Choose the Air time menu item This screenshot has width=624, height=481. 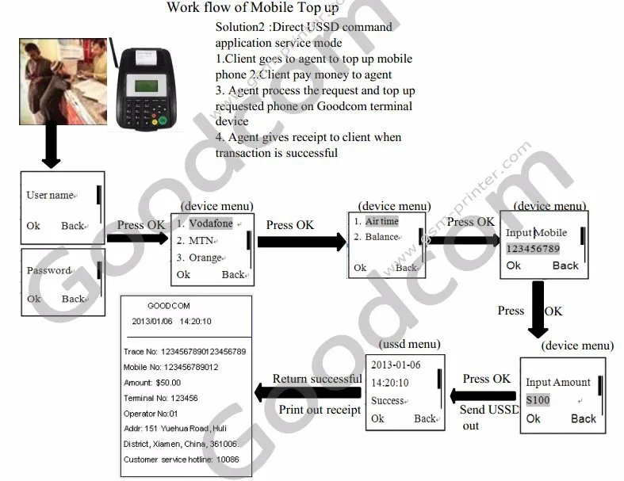[381, 222]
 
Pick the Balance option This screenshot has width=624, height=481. [381, 237]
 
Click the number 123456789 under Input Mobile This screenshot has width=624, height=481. [533, 248]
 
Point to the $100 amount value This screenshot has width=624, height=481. [538, 400]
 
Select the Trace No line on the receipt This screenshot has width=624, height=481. [185, 351]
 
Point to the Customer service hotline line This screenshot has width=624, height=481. [182, 459]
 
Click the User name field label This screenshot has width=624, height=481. [50, 195]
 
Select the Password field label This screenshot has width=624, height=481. [49, 270]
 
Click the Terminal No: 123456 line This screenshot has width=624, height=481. [161, 398]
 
